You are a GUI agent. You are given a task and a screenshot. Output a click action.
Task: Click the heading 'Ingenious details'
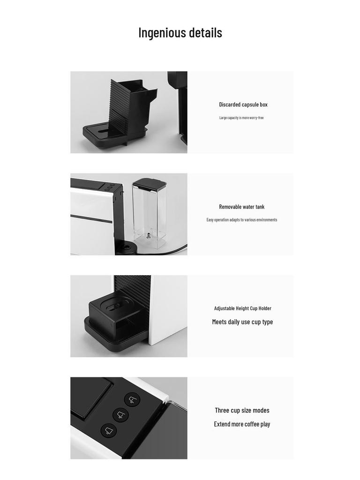(180, 33)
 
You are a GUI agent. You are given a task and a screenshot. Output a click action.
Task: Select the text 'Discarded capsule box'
(243, 105)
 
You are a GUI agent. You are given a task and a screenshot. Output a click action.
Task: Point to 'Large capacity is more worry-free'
(241, 118)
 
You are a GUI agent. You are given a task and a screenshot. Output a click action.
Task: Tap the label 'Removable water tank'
(242, 207)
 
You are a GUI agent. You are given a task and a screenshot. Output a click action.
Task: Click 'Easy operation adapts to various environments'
(242, 220)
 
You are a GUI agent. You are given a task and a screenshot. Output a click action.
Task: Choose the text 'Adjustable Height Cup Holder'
(243, 308)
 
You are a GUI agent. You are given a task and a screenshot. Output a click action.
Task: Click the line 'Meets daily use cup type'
(242, 322)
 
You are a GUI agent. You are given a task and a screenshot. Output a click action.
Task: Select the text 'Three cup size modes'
(242, 411)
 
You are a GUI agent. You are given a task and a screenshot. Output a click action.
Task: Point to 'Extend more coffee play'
(242, 424)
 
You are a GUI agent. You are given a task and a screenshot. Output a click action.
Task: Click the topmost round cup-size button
(132, 400)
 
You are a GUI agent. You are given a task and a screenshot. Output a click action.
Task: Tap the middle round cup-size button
(121, 415)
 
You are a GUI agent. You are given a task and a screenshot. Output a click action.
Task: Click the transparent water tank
(150, 218)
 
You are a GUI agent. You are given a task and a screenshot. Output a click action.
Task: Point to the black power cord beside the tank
(173, 250)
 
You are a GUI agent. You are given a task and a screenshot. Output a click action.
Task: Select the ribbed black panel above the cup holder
(133, 287)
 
